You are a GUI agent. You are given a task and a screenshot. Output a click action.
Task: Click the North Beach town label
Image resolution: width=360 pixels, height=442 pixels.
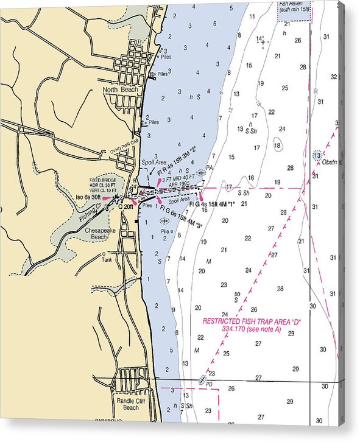click(x=121, y=89)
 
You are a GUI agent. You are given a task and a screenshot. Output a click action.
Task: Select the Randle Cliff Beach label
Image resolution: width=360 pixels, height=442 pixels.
click(x=127, y=404)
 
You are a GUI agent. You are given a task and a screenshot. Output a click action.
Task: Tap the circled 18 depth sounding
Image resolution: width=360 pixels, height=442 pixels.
click(x=278, y=146)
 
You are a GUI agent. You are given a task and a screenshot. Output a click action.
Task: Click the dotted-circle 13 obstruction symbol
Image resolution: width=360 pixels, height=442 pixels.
click(x=317, y=155)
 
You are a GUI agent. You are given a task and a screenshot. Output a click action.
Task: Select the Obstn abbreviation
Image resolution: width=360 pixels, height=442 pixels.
click(x=330, y=162)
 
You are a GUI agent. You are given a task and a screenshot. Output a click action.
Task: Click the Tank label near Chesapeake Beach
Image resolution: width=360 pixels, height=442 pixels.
click(x=107, y=259)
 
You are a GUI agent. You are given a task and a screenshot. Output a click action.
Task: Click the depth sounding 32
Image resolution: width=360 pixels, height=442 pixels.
click(x=333, y=77)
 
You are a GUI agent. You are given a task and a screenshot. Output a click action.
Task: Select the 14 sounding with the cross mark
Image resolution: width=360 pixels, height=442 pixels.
click(x=261, y=40)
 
